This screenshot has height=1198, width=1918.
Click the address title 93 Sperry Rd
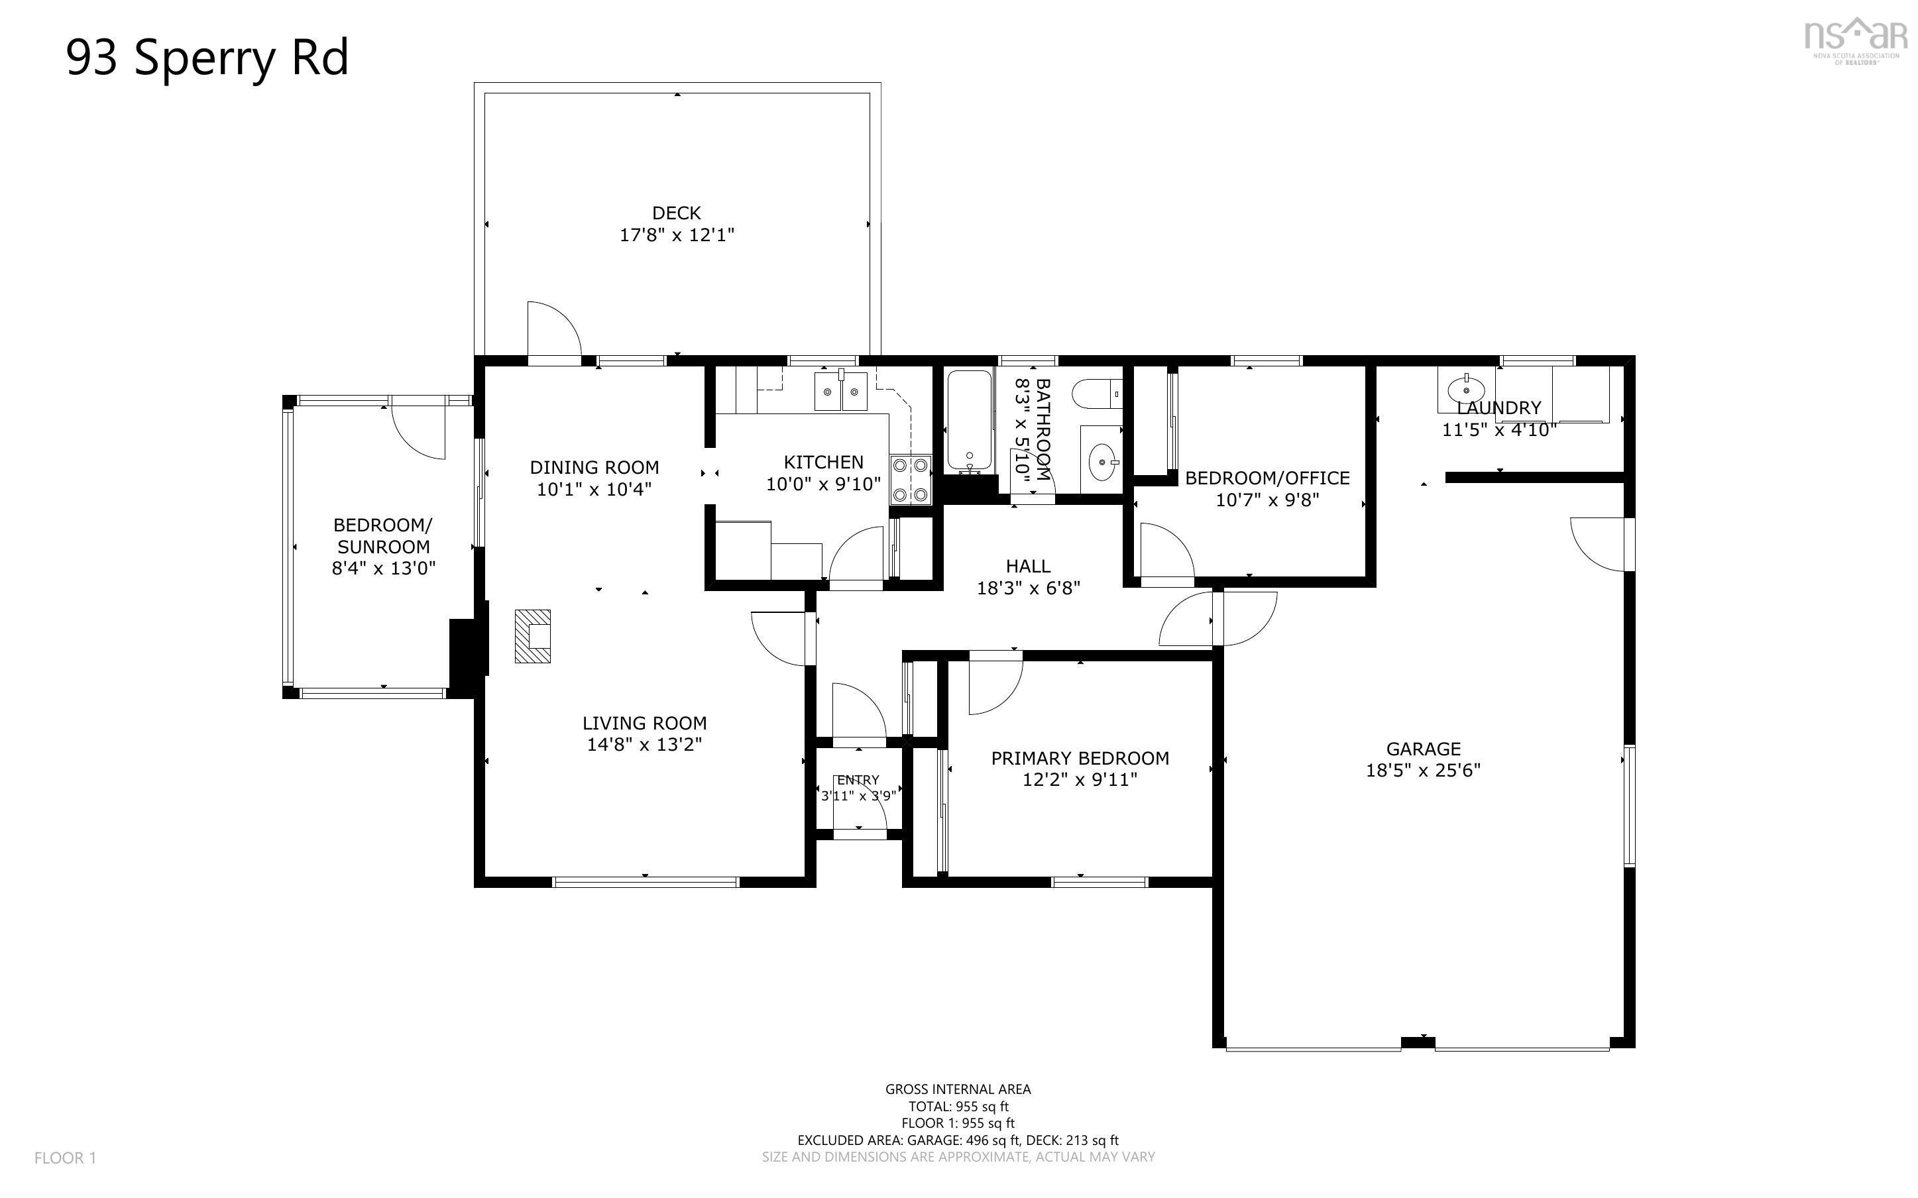[x=207, y=58]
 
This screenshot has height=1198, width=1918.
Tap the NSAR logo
[x=1856, y=40]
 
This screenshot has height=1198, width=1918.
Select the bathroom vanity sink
[x=1102, y=460]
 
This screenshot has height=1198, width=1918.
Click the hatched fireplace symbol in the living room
[x=532, y=635]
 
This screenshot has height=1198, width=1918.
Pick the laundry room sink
[x=1465, y=390]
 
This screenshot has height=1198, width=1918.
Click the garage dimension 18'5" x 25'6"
[x=1423, y=770]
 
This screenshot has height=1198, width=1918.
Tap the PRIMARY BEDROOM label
[x=1079, y=758]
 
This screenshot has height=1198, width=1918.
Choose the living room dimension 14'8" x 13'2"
[x=644, y=744]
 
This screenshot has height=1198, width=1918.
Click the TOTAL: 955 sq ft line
[x=958, y=1106]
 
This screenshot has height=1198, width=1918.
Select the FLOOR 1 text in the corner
[x=65, y=1158]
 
